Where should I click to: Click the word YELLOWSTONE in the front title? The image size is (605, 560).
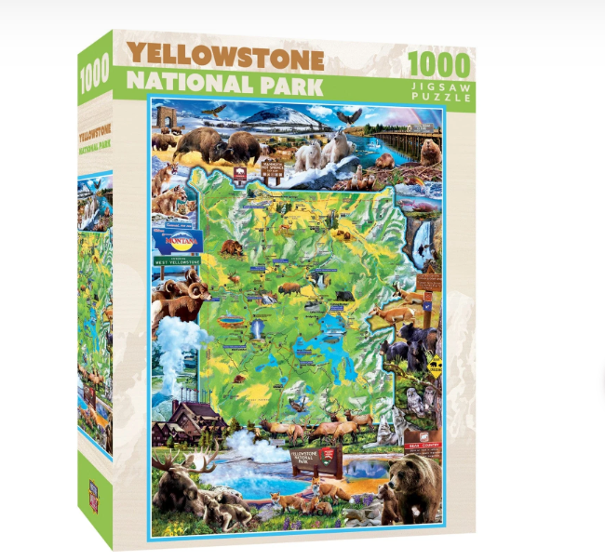(x=225, y=57)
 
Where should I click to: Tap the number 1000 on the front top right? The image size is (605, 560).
(x=439, y=67)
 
